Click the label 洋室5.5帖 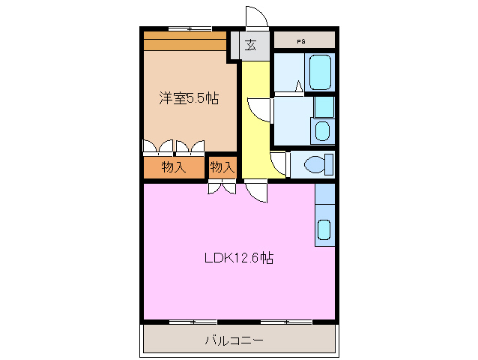(189, 98)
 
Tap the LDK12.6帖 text (239, 258)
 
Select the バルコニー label (235, 340)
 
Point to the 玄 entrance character (250, 45)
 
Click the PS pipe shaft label (300, 41)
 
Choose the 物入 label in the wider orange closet (174, 167)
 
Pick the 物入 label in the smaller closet (223, 167)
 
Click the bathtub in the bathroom (320, 72)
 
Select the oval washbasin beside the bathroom (321, 131)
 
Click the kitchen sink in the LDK (324, 230)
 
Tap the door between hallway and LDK (255, 192)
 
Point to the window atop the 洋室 (189, 29)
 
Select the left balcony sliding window (193, 322)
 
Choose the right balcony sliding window (285, 322)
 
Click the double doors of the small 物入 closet (222, 187)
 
